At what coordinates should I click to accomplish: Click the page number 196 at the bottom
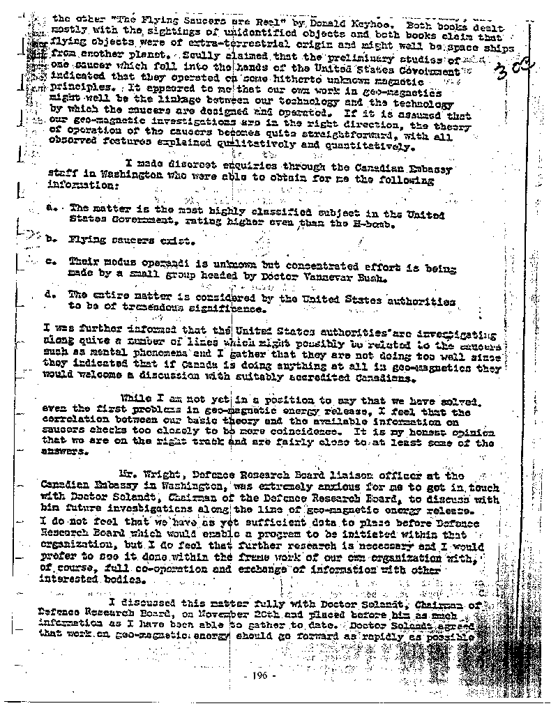pos(265,676)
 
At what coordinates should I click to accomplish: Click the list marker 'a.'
pos(50,208)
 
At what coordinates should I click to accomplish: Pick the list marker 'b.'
pos(50,240)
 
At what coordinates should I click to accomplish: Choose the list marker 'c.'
pos(50,261)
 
